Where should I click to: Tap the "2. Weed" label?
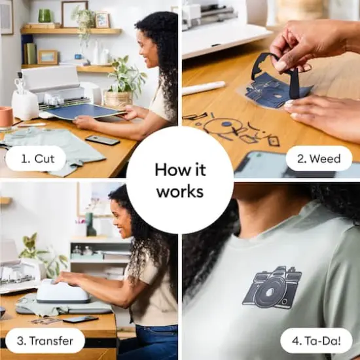tap(319, 158)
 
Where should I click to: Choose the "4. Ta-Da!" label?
tap(316, 340)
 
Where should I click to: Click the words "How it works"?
tap(179, 180)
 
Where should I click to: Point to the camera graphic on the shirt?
tap(273, 287)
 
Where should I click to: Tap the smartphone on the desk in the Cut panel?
tap(103, 140)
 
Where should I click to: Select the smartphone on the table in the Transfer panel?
tap(81, 319)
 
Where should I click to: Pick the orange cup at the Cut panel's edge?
tap(6, 117)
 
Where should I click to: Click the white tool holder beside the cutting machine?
tap(24, 104)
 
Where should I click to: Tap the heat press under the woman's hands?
tap(63, 291)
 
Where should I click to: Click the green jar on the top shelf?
tap(45, 16)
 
